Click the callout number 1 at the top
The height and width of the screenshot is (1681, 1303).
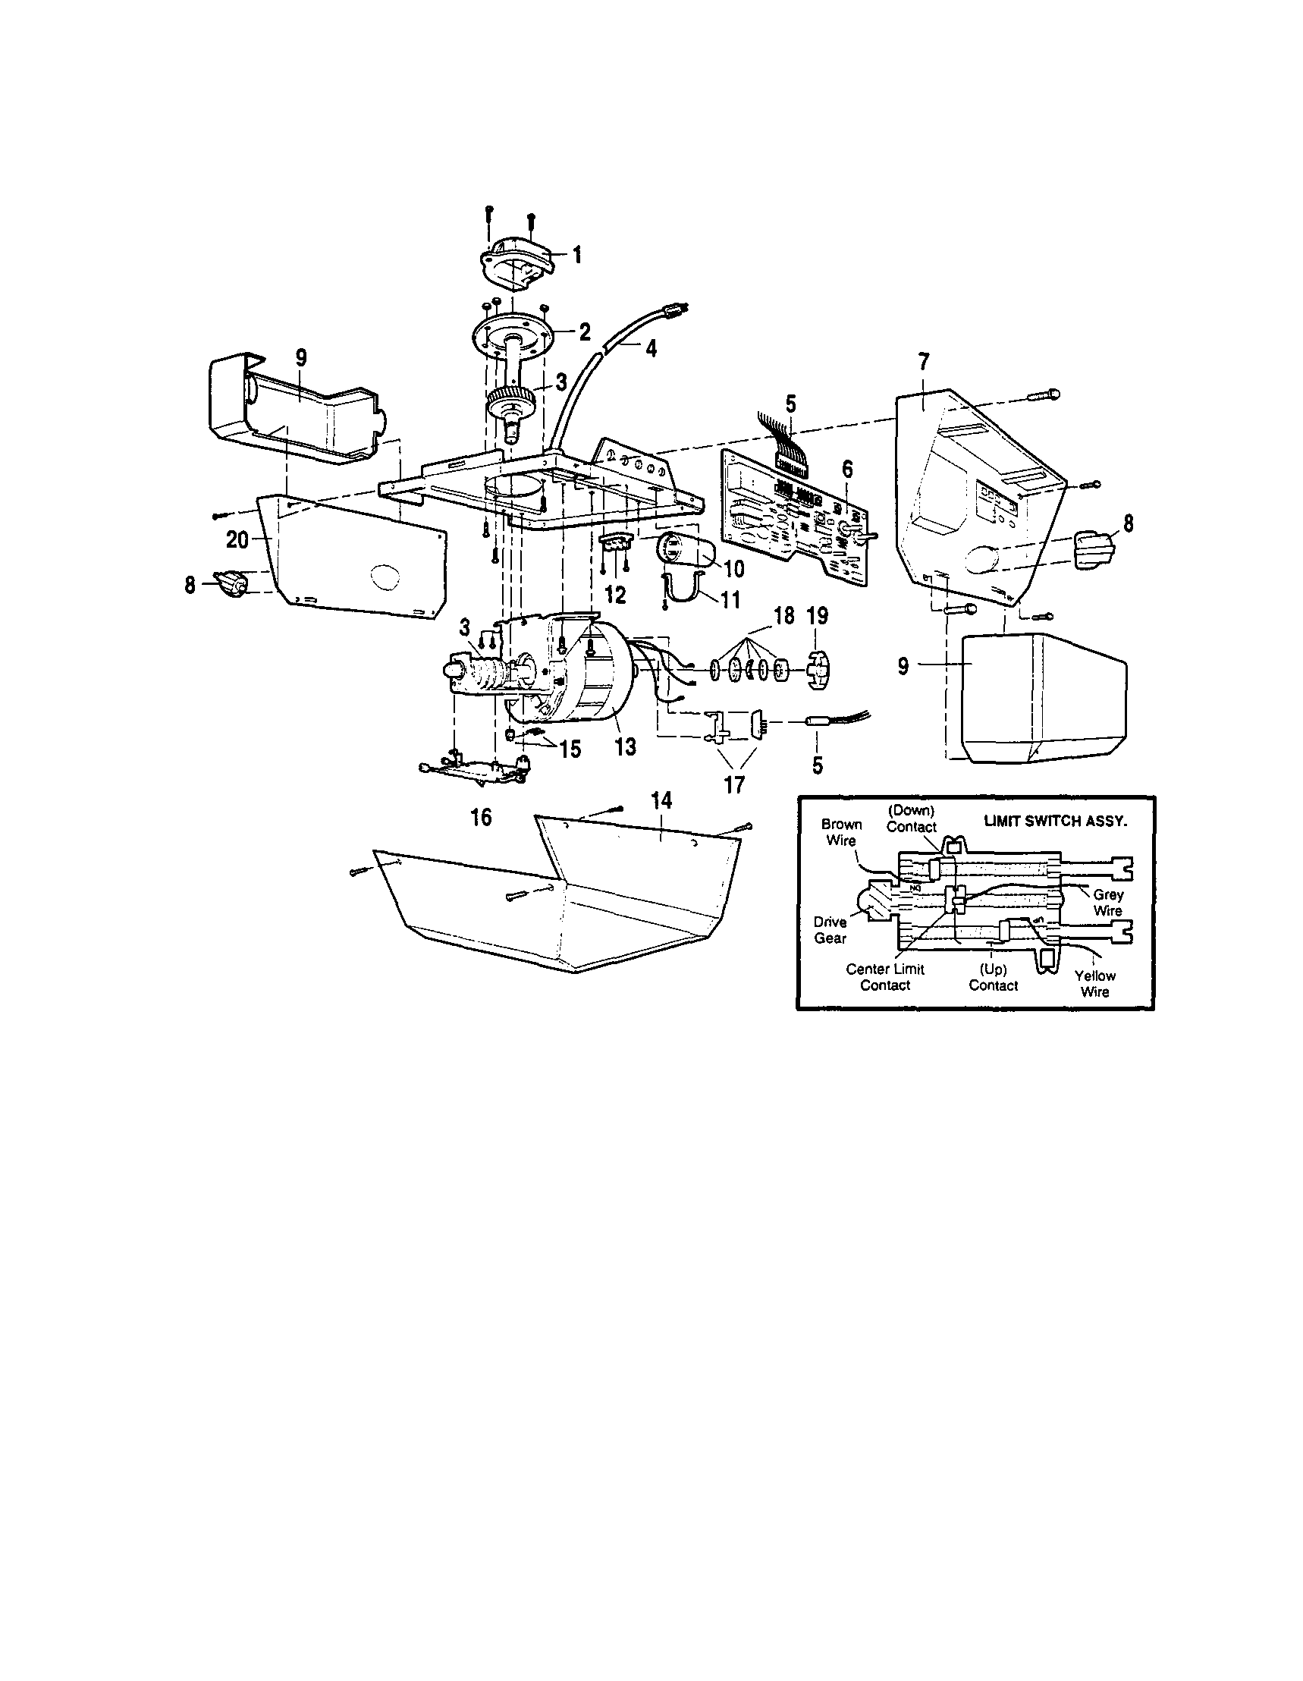[576, 254]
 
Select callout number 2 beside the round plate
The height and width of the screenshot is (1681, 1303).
[584, 332]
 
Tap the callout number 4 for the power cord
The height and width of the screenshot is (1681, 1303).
[651, 349]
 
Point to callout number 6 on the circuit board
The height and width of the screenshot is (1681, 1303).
[847, 469]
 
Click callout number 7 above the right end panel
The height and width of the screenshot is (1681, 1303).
[924, 362]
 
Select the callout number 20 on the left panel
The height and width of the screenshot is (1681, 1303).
[237, 540]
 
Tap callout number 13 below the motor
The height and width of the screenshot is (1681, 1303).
[626, 746]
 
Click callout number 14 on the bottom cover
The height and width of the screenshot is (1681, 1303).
[661, 801]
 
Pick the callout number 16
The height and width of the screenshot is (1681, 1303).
[481, 817]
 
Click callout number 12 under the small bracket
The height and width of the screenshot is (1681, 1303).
[616, 594]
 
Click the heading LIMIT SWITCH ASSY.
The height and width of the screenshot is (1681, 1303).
[1055, 822]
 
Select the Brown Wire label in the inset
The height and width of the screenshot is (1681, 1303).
[841, 832]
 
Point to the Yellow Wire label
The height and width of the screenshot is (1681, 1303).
[1094, 984]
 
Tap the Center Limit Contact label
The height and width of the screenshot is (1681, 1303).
[884, 977]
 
